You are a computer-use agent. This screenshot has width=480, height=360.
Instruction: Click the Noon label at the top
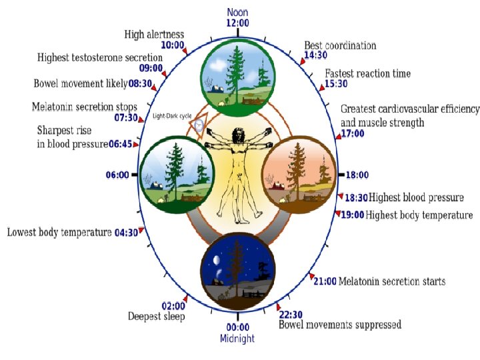click(x=238, y=12)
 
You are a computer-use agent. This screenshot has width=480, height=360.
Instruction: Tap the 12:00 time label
click(x=238, y=23)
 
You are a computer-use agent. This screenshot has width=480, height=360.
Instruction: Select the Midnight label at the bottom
click(x=237, y=339)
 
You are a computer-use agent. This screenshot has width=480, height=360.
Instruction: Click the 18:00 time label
click(x=357, y=175)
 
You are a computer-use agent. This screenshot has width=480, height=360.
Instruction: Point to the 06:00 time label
click(x=117, y=175)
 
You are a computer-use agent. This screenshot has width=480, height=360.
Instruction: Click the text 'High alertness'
click(x=154, y=34)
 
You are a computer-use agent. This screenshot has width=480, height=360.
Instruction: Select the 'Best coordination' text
click(x=340, y=45)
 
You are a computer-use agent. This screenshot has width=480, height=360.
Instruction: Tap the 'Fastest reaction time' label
click(x=367, y=73)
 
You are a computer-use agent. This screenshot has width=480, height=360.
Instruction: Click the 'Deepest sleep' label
click(x=156, y=317)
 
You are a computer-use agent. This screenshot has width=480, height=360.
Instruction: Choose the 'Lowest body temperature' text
click(x=59, y=232)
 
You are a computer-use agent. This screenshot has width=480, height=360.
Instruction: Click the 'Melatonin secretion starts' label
click(x=392, y=281)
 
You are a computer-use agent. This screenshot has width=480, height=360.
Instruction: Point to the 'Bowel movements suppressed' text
click(x=340, y=325)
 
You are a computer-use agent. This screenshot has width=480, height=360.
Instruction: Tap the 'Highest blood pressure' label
click(x=416, y=197)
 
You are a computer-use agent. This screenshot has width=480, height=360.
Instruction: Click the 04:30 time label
click(x=126, y=233)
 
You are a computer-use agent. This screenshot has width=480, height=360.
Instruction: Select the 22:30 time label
click(x=291, y=315)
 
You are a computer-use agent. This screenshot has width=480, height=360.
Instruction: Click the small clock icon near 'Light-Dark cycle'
click(x=199, y=124)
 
